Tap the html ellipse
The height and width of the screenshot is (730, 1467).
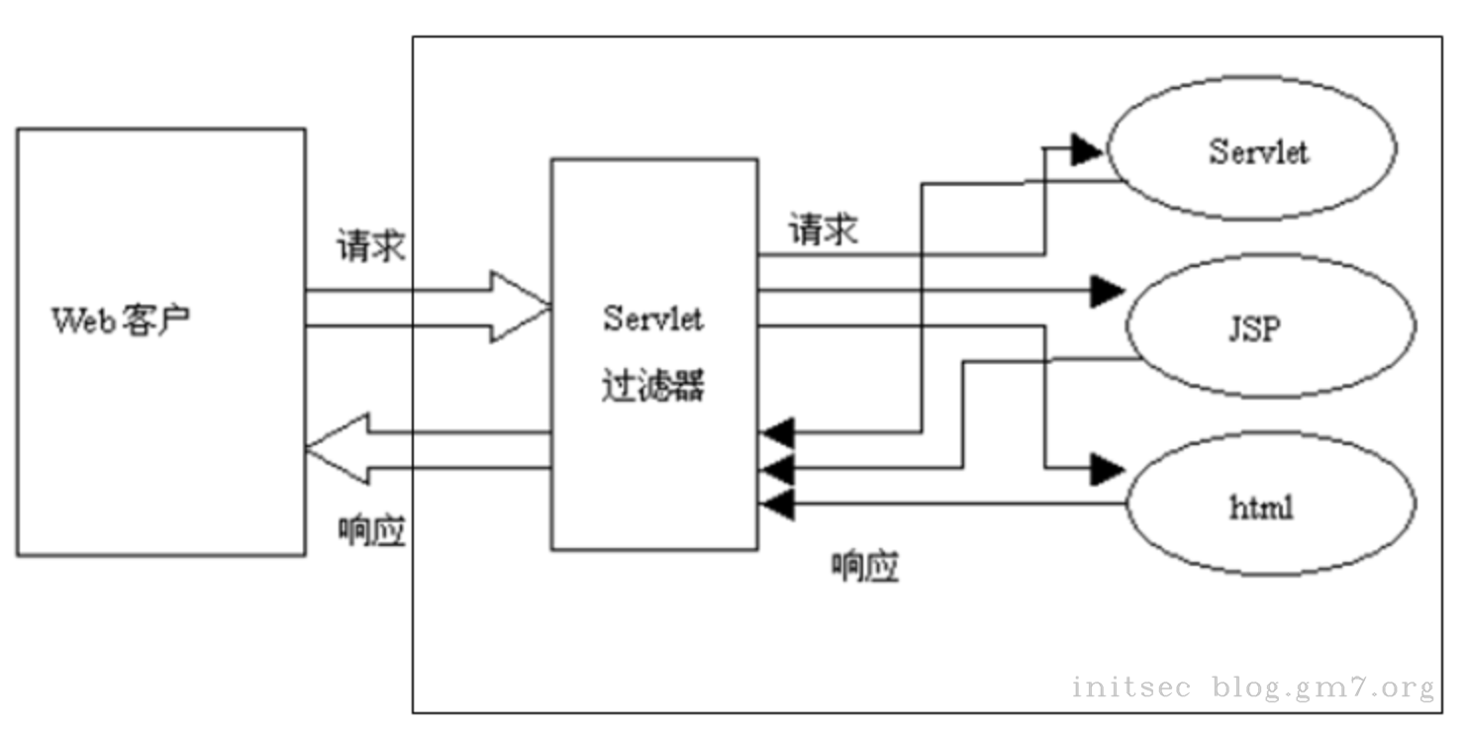1271,508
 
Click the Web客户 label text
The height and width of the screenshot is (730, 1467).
121,321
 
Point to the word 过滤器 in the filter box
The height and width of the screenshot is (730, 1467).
652,386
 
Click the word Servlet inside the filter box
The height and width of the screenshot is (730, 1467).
652,319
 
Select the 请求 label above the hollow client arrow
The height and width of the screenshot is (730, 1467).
370,246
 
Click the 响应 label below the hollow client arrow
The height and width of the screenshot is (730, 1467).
371,533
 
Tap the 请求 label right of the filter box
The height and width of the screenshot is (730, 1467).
822,229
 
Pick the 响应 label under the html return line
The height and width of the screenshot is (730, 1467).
864,567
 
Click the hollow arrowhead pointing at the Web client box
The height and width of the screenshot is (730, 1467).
337,451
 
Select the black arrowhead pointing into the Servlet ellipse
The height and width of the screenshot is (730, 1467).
1088,150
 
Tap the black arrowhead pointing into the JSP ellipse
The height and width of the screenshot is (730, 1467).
1108,291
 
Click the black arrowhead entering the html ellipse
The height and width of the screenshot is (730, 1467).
1108,469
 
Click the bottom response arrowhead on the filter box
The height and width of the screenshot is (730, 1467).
778,504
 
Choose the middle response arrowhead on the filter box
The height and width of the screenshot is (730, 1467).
778,469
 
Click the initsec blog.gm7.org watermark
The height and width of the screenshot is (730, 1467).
1252,686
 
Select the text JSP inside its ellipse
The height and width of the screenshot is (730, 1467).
1252,328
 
